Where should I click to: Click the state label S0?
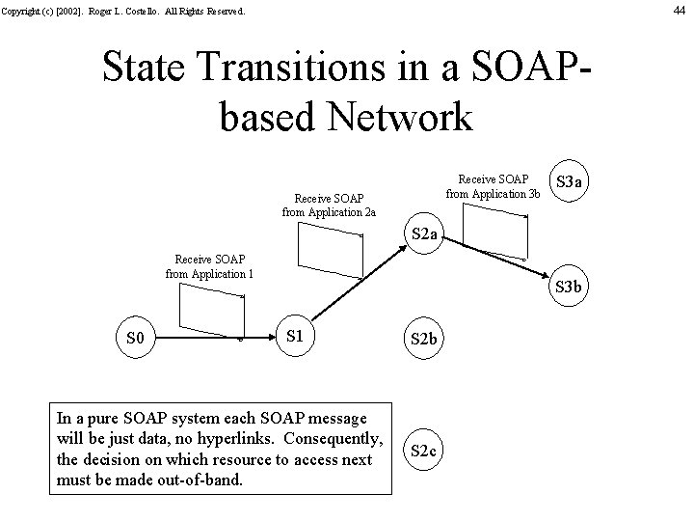coord(136,339)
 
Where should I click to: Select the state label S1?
coord(296,337)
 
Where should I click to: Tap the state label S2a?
coord(425,234)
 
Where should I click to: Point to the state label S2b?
coord(425,340)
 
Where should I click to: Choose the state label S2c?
coord(425,451)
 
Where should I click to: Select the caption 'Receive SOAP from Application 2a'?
coord(329,205)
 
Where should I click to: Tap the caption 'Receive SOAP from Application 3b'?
coord(494,185)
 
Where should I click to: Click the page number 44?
coord(680,11)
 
